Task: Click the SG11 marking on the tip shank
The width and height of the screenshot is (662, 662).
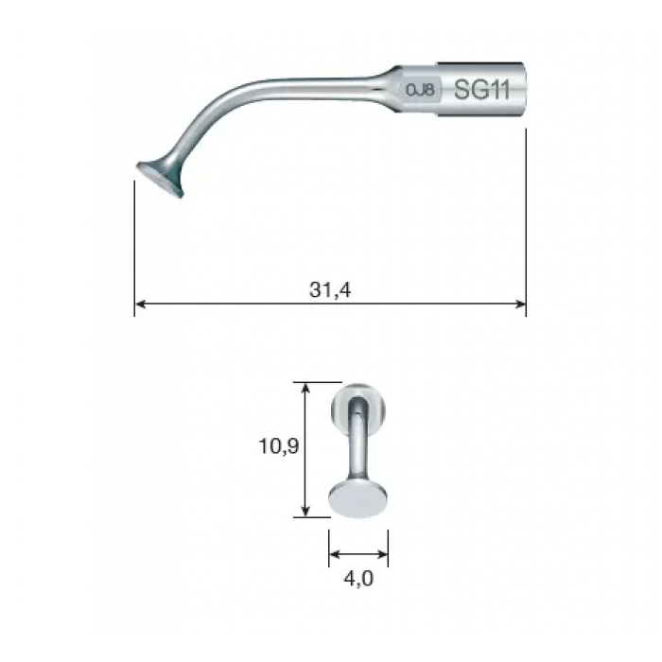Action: pyautogui.click(x=481, y=90)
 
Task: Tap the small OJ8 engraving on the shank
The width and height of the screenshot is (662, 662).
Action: pyautogui.click(x=420, y=90)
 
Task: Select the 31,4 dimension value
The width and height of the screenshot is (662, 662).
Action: pyautogui.click(x=330, y=290)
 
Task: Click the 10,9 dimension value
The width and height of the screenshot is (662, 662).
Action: pyautogui.click(x=279, y=446)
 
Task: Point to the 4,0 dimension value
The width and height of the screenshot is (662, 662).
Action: pyautogui.click(x=358, y=579)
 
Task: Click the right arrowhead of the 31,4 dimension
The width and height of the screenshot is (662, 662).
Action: pyautogui.click(x=520, y=304)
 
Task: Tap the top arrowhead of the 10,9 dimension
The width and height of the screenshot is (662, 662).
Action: pyautogui.click(x=305, y=388)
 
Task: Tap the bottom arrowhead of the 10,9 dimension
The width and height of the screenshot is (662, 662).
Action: pyautogui.click(x=305, y=511)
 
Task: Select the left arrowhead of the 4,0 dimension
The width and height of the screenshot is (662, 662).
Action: pyautogui.click(x=335, y=554)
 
